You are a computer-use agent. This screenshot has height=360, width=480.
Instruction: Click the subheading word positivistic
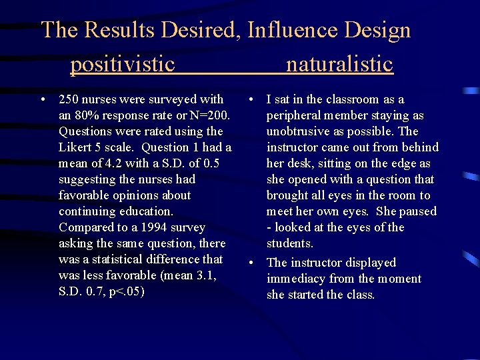click(123, 65)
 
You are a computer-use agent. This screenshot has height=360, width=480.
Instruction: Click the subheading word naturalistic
click(339, 65)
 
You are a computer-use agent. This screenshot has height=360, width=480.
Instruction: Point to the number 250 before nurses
click(69, 99)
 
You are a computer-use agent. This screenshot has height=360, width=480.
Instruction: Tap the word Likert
click(75, 147)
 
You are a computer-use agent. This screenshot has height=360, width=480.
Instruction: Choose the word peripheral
click(297, 115)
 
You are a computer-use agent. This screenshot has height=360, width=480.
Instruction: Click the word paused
click(417, 211)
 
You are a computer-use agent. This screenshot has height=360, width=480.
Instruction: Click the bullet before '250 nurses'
click(43, 99)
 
